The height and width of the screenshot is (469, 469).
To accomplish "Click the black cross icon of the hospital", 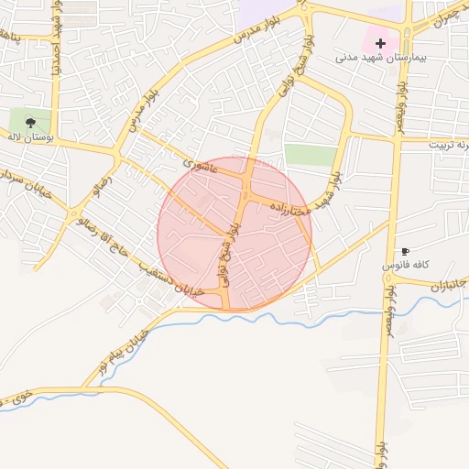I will pos(380,43).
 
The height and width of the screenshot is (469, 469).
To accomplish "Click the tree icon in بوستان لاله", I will pos(30,121).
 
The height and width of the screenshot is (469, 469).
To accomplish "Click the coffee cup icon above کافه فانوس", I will pos(405,251).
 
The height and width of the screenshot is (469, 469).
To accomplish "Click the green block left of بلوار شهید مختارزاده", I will pos(310,155).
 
